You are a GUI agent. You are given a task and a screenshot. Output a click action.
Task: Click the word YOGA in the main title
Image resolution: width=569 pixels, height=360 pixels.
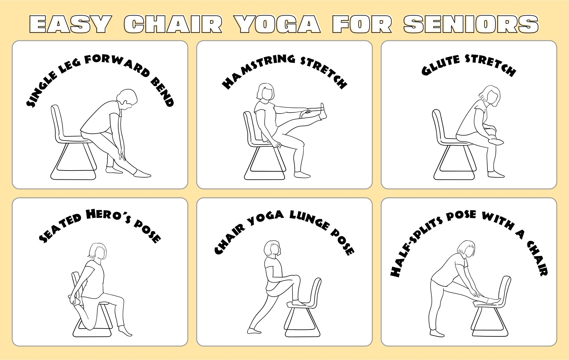point(278,24)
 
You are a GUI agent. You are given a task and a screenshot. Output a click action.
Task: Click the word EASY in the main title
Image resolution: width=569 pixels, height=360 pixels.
point(70,24)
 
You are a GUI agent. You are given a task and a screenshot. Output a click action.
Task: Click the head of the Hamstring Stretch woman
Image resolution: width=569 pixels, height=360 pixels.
point(266,92)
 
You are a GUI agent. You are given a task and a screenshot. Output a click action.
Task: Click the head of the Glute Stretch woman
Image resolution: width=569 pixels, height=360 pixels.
point(491,95)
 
